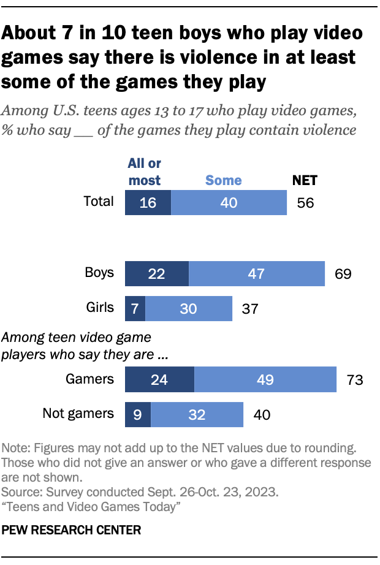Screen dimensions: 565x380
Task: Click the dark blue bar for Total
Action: tap(148, 203)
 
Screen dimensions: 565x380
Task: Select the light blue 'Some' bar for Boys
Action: tap(257, 273)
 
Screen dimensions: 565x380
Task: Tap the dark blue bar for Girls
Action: tap(135, 308)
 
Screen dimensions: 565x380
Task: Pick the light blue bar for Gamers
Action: tap(265, 379)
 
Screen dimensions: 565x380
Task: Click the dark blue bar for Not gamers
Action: tap(137, 414)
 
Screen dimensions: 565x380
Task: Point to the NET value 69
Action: tap(343, 274)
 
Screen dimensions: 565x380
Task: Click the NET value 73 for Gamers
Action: tap(355, 380)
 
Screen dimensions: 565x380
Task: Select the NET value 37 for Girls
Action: tap(250, 309)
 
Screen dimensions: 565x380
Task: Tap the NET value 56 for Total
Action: tap(305, 203)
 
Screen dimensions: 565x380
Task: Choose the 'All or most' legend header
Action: tap(144, 172)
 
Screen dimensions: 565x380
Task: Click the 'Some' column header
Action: tap(223, 180)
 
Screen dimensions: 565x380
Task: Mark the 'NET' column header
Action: tap(304, 180)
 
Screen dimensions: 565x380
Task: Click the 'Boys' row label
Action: tap(99, 273)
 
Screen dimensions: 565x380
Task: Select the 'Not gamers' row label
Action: tap(78, 414)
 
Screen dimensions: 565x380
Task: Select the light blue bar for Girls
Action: tap(189, 308)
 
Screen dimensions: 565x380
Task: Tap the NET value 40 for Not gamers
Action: tap(261, 415)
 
